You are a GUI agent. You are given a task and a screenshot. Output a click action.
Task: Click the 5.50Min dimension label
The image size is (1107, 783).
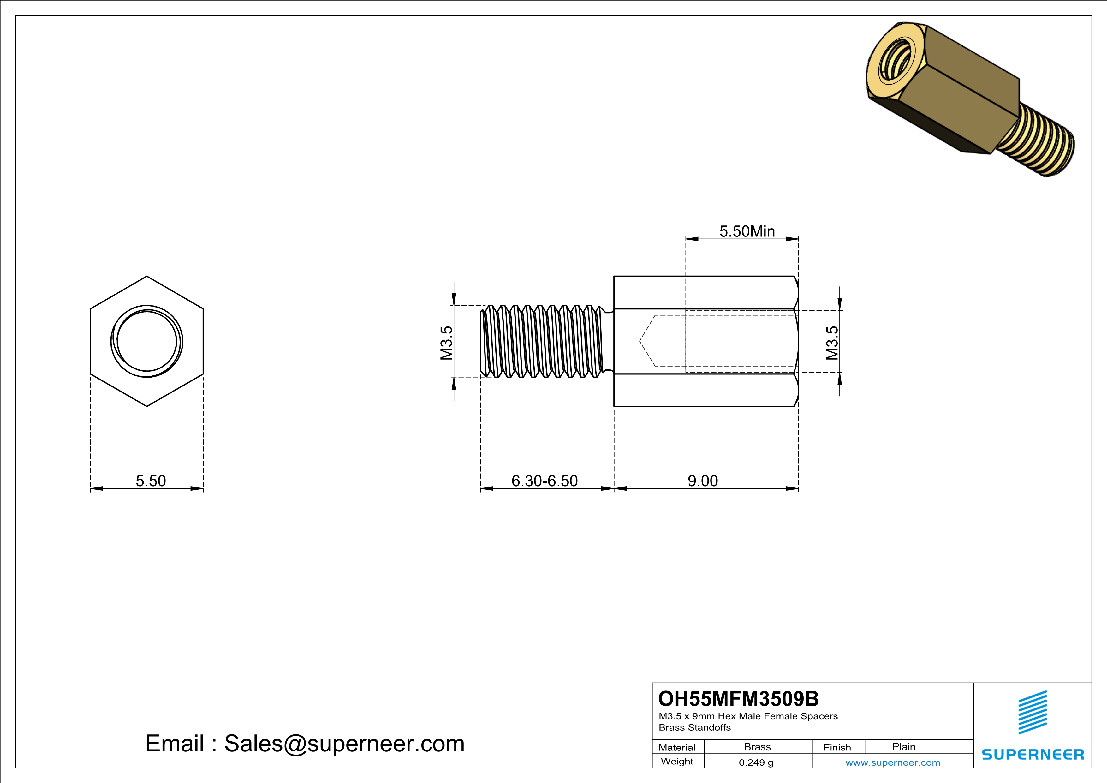747,231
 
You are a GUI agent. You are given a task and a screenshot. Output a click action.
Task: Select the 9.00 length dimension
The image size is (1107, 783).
702,481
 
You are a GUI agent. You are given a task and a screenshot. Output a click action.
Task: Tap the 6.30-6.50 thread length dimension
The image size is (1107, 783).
544,481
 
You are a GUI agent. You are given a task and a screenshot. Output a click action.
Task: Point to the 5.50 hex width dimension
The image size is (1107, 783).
151,481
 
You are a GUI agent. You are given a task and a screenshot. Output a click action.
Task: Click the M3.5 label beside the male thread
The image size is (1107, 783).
446,343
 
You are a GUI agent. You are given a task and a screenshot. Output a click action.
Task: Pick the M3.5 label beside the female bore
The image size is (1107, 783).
832,343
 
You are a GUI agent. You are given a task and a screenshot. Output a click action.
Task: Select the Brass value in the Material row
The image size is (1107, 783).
758,747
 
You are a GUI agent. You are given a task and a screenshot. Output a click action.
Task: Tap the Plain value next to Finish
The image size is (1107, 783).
903,747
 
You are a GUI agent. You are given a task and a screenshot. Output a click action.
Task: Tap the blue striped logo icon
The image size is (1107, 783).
1032,712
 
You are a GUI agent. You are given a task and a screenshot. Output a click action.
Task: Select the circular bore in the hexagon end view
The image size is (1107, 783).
146,341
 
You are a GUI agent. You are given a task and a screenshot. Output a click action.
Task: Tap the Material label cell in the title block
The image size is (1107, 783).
677,747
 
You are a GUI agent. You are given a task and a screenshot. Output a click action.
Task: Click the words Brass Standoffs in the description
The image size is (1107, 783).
694,727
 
